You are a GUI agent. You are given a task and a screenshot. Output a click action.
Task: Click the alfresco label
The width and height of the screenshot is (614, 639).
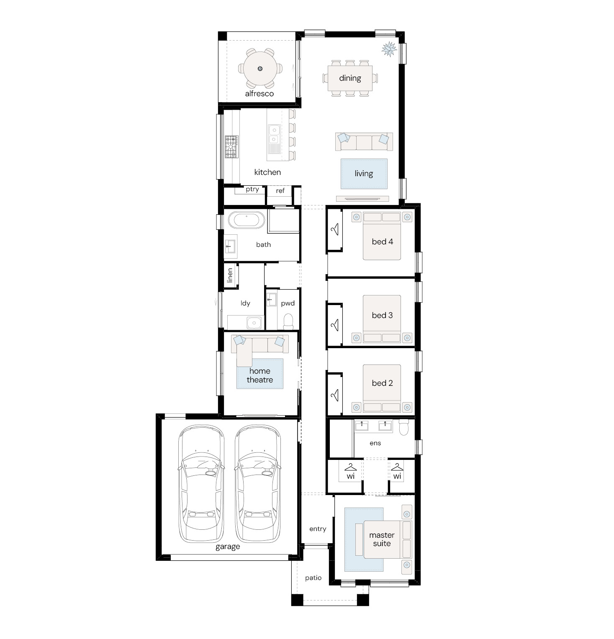(x=259, y=94)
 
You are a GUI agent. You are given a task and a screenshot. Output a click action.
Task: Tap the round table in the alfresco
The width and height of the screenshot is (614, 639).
(x=260, y=68)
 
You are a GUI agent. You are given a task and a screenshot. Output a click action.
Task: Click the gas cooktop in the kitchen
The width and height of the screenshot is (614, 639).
(x=231, y=146)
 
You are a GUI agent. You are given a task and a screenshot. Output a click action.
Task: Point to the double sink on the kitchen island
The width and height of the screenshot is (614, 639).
(x=273, y=134)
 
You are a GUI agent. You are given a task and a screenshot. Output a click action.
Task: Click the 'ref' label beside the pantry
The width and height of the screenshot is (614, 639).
(x=280, y=191)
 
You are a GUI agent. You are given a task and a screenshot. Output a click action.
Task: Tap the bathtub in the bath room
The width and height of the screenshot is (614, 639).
(x=247, y=220)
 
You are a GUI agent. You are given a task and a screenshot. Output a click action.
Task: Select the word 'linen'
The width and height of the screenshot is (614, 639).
(x=229, y=276)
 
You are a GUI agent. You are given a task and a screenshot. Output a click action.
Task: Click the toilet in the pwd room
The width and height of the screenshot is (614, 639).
(x=288, y=321)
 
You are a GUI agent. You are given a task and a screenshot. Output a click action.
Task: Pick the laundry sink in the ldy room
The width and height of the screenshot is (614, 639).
(x=254, y=323)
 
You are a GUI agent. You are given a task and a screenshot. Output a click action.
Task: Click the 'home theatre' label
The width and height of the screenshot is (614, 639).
(x=260, y=375)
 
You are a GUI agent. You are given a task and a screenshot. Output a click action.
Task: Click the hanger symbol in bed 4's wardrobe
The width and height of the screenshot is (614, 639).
(x=335, y=229)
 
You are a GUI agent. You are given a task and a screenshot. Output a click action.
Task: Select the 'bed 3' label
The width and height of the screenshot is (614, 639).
(x=382, y=316)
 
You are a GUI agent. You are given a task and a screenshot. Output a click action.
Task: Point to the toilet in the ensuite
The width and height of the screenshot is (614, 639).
(x=404, y=428)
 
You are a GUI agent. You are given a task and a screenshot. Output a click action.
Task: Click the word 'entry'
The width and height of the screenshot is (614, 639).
(x=318, y=529)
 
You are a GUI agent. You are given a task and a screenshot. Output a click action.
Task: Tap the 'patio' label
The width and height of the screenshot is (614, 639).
(x=313, y=578)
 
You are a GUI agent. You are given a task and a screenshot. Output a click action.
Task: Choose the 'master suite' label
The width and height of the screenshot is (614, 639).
(x=382, y=539)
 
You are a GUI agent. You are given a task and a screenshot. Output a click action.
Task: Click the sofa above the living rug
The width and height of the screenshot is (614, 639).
(x=364, y=142)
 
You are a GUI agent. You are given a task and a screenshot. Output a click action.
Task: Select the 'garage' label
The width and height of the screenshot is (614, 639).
(x=228, y=547)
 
